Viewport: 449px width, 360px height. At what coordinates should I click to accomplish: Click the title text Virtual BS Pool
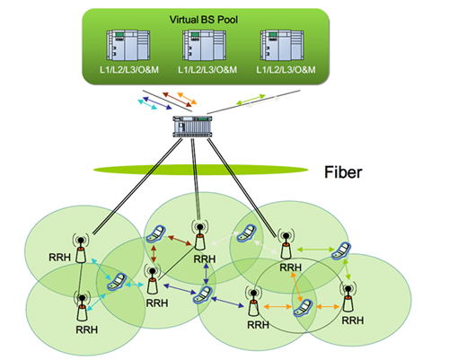(204, 20)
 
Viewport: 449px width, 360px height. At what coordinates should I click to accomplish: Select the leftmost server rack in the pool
(128, 45)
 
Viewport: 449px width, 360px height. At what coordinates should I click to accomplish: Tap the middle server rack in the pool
(205, 45)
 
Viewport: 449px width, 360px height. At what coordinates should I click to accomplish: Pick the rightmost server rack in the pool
(282, 45)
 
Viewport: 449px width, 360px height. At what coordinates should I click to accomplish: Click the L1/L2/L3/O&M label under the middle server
(207, 70)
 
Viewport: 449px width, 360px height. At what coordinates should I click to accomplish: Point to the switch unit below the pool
(192, 127)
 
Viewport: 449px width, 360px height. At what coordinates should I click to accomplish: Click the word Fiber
(343, 172)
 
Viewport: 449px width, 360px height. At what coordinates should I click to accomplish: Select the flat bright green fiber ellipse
(200, 170)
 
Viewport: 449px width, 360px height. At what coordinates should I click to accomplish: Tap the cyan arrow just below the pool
(147, 104)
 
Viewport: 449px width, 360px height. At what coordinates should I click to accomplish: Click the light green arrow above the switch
(251, 100)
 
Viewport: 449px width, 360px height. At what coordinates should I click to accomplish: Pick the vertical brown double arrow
(154, 254)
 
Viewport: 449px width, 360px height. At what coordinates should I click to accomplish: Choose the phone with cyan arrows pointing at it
(116, 282)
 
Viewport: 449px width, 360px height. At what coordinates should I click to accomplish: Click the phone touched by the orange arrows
(304, 308)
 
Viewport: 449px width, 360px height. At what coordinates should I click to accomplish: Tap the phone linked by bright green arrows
(341, 250)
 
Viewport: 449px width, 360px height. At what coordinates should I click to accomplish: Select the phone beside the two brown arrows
(155, 234)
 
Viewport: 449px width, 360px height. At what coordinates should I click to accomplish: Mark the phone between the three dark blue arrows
(203, 294)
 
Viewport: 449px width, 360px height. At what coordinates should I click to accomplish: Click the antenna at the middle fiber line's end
(199, 235)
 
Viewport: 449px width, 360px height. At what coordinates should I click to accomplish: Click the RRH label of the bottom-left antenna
(87, 329)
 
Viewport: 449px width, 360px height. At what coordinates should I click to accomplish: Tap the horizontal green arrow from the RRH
(315, 249)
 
